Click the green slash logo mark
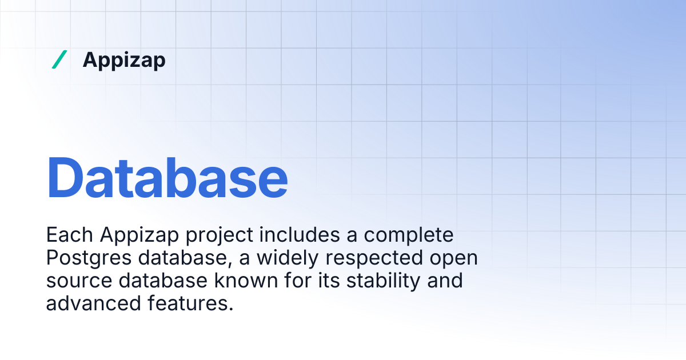click(59, 59)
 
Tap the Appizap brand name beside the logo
click(124, 60)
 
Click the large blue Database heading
click(167, 177)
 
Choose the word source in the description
click(75, 281)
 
